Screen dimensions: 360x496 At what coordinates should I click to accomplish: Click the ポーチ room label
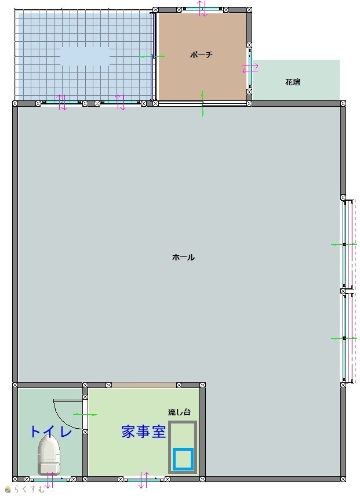(201, 55)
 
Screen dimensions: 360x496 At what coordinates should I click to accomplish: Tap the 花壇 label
(293, 82)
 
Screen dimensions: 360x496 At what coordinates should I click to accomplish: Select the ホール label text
(183, 257)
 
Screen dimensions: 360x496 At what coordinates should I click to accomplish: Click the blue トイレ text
(51, 432)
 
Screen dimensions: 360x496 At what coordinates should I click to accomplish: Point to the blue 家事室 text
(144, 432)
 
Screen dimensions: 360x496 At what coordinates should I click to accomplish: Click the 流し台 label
(179, 412)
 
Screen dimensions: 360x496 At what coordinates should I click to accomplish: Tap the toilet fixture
(49, 455)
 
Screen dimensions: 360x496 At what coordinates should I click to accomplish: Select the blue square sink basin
(183, 459)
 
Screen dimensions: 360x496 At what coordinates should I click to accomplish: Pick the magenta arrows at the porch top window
(202, 9)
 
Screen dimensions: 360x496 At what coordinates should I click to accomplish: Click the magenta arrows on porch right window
(250, 68)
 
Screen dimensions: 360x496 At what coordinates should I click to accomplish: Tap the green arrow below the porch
(202, 103)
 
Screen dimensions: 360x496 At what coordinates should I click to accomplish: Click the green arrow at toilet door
(85, 414)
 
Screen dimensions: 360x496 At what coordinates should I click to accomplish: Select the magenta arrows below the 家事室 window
(144, 480)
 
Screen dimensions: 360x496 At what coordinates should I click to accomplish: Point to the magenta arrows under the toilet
(49, 480)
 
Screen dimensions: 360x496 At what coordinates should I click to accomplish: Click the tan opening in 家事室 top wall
(144, 385)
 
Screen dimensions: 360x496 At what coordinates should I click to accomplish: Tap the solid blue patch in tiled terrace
(85, 56)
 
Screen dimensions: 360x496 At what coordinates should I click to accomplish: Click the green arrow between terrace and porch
(152, 57)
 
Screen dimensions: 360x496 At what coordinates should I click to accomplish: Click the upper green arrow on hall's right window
(344, 245)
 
